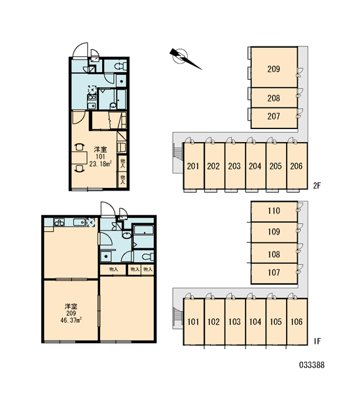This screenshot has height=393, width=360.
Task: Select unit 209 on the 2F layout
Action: tap(274, 67)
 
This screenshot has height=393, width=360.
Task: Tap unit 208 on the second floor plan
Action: tap(274, 98)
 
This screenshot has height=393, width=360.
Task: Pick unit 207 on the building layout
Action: tap(274, 118)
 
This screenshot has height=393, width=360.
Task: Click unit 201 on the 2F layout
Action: tap(193, 166)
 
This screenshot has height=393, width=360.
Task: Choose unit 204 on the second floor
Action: tap(255, 166)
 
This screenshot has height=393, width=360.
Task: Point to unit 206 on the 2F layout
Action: tap(297, 166)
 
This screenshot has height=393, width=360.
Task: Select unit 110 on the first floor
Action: tap(274, 212)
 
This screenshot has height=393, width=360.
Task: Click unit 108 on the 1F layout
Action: tap(274, 253)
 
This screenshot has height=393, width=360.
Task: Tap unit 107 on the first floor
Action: tap(274, 274)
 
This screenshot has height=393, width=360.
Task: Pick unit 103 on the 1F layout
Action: tap(235, 322)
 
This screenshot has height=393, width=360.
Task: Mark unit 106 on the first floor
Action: tap(297, 322)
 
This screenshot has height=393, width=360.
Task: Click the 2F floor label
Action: tap(317, 186)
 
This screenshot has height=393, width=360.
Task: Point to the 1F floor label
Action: tap(317, 341)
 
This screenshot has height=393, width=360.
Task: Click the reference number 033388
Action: tap(312, 365)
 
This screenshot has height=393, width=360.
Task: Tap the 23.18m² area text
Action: tap(100, 164)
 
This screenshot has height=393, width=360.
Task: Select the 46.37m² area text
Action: tap(71, 320)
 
